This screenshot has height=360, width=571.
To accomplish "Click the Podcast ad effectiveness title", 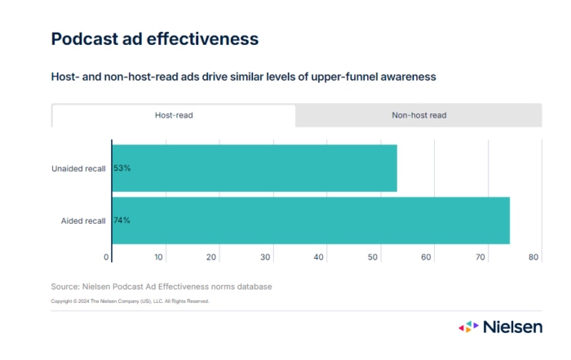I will click(x=155, y=38).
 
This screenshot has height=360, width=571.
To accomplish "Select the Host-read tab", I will click(x=174, y=115).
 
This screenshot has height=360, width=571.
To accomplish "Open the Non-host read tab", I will click(x=418, y=115).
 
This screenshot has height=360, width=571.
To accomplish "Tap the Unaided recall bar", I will click(x=255, y=168).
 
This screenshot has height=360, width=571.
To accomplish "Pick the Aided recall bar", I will click(x=311, y=220).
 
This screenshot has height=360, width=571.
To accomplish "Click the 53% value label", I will click(x=122, y=168).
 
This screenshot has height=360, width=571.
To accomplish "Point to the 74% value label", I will click(x=122, y=220).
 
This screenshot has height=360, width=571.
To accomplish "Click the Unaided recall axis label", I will click(x=78, y=168).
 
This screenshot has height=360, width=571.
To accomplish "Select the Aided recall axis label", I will click(x=83, y=220).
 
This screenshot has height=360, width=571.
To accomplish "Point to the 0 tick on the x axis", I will click(x=107, y=257).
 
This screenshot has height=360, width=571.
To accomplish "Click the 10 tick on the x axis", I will click(x=159, y=257).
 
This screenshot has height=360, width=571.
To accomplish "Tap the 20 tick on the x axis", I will click(x=212, y=257).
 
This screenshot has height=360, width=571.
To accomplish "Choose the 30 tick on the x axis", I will click(x=266, y=257).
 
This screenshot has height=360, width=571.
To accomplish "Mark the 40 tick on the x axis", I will click(x=320, y=257).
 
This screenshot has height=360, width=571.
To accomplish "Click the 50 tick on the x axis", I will click(x=373, y=257).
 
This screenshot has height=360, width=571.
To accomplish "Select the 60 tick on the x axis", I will click(x=427, y=257).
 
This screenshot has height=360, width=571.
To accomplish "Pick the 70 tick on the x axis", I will click(x=480, y=257).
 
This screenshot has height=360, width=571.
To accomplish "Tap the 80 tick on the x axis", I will click(x=533, y=257).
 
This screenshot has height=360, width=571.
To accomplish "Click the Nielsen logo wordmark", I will click(x=511, y=327).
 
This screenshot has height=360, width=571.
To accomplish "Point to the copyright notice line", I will click(x=130, y=301).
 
